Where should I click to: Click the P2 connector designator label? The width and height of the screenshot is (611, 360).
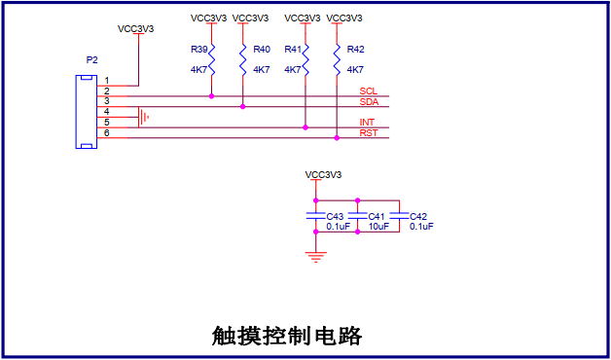pyautogui.click(x=92, y=60)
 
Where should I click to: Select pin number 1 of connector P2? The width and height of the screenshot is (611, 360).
pyautogui.click(x=107, y=81)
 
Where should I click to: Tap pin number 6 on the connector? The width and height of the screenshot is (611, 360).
pyautogui.click(x=107, y=133)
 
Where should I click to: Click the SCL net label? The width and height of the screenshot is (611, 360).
pyautogui.click(x=368, y=91)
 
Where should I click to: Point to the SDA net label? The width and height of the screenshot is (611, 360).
pyautogui.click(x=369, y=102)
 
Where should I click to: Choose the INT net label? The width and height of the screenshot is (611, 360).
pyautogui.click(x=367, y=123)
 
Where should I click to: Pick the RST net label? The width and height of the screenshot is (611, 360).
pyautogui.click(x=368, y=133)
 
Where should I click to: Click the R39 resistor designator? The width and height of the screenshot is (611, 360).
pyautogui.click(x=198, y=50)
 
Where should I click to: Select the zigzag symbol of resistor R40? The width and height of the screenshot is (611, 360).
pyautogui.click(x=243, y=59)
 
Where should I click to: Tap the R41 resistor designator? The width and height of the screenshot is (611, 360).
pyautogui.click(x=293, y=50)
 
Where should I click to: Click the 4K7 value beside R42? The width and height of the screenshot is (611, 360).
pyautogui.click(x=355, y=70)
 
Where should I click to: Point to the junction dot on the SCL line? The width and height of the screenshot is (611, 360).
pyautogui.click(x=211, y=96)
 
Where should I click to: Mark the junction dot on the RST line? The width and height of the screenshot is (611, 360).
pyautogui.click(x=337, y=138)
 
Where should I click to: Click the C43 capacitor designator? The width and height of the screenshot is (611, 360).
pyautogui.click(x=335, y=217)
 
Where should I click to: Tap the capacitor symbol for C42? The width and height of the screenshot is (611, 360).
pyautogui.click(x=400, y=216)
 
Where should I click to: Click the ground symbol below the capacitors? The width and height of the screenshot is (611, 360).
pyautogui.click(x=315, y=257)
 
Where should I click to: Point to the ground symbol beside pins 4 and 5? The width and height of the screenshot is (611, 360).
pyautogui.click(x=143, y=117)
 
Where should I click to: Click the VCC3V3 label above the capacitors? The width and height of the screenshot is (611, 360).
pyautogui.click(x=323, y=175)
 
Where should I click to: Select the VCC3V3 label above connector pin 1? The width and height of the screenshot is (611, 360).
pyautogui.click(x=135, y=29)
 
